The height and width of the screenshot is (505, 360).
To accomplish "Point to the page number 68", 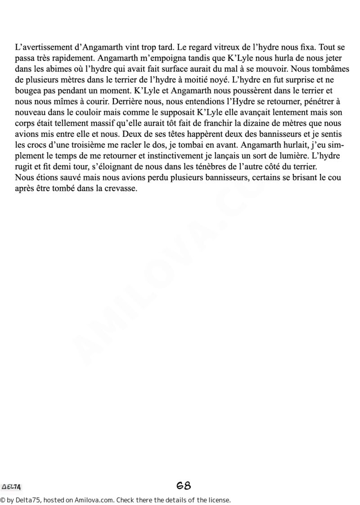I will tap(184, 486).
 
